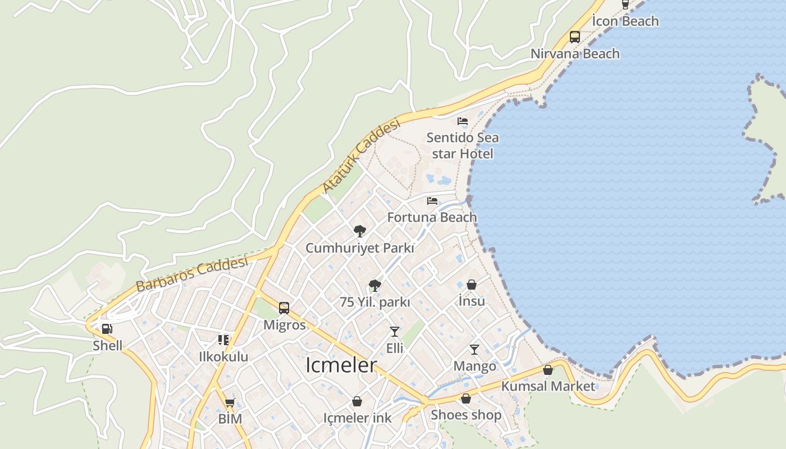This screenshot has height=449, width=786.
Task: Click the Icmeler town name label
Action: pos(341,365)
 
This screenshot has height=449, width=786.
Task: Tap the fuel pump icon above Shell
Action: pos(107,329)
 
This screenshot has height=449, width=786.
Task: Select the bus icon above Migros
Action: pos(284,308)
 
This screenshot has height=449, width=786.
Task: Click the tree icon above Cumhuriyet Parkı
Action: pos(360,231)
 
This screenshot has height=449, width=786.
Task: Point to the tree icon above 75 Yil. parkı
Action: pos(375,286)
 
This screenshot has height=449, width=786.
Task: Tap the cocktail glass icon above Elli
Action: pos(395,332)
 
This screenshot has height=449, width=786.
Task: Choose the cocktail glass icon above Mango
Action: pos(474,350)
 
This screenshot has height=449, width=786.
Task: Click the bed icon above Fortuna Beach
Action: pos(432,201)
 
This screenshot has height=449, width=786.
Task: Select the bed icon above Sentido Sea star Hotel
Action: pos(462,121)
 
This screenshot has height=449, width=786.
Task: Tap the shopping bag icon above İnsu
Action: pos(472,285)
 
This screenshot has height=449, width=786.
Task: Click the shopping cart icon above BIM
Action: pos(230,402)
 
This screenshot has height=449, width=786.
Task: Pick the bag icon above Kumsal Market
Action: pos(548,370)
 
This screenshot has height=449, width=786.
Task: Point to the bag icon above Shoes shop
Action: pos(465,398)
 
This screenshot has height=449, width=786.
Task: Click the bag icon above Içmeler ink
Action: pos(357,401)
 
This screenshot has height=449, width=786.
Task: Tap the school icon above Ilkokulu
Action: pos(223,340)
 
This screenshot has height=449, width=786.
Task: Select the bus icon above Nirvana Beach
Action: pos(575,37)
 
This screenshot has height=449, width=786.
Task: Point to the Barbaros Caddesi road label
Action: pos(191,274)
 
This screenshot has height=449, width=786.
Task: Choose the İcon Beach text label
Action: pos(625,21)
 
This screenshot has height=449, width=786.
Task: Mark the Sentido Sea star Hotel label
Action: pos(462,145)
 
